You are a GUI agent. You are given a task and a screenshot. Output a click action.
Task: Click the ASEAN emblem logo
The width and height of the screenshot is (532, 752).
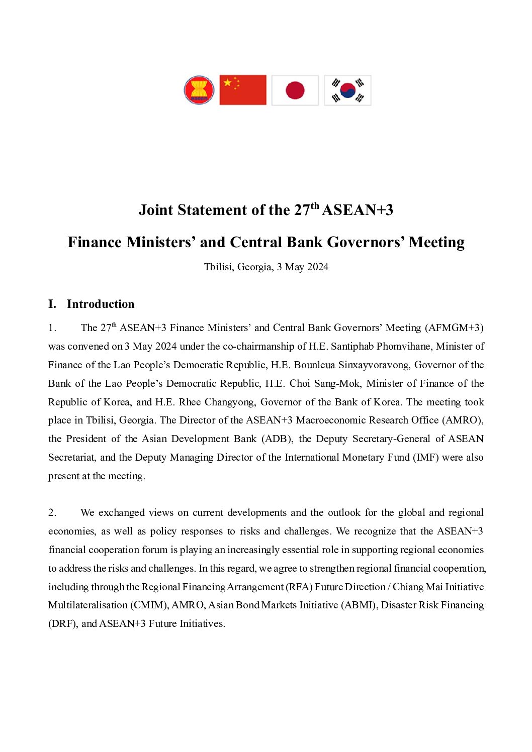(x=199, y=90)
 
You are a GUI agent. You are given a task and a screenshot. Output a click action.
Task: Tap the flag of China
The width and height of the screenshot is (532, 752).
(x=243, y=90)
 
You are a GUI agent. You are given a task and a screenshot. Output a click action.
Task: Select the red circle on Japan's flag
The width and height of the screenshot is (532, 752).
(x=295, y=90)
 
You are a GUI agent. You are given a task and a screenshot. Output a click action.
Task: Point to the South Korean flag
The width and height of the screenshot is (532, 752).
(x=347, y=90)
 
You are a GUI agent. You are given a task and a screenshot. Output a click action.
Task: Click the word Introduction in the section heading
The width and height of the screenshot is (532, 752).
(x=101, y=304)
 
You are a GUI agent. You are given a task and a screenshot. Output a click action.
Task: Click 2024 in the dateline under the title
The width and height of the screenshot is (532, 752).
(x=317, y=267)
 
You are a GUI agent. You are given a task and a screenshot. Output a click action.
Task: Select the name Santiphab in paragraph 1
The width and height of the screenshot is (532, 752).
(x=352, y=346)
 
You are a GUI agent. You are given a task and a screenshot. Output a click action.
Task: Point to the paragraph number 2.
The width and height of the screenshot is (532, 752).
(x=52, y=512)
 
